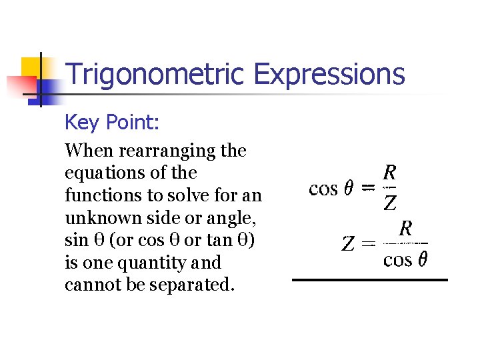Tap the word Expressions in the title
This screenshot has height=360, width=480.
[x=329, y=74]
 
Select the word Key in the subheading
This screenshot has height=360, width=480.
[x=81, y=123]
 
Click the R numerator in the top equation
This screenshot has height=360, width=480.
[x=391, y=173]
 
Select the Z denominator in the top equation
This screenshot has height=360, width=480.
[x=391, y=203]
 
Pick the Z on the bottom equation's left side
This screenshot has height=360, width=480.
[x=347, y=244]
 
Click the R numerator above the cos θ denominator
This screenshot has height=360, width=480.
[x=405, y=229]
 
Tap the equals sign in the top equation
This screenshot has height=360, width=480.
[x=366, y=189]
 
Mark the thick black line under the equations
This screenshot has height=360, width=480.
[x=370, y=280]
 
